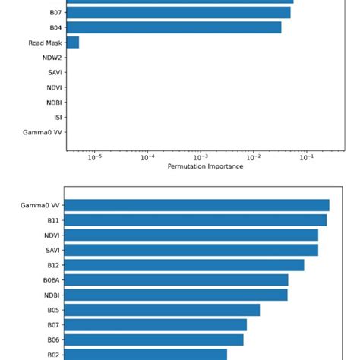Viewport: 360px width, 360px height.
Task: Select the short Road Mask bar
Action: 72,43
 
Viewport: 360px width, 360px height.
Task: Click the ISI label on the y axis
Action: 57,118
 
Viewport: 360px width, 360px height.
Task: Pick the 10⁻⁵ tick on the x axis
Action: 95,157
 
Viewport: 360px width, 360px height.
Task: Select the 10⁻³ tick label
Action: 201,157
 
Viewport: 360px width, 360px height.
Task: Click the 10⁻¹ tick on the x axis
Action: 306,157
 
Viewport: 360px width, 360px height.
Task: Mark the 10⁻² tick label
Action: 254,157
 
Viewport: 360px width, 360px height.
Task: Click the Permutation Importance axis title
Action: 205,166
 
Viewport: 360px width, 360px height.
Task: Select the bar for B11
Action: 196,220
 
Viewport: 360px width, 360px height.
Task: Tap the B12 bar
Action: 185,265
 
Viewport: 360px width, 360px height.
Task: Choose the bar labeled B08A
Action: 176,280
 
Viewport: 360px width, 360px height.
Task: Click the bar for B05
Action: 163,310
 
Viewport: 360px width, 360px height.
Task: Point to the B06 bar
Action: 154,340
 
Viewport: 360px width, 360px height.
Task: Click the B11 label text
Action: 53,220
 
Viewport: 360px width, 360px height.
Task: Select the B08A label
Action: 51,280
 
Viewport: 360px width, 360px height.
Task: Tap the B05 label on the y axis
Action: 53,310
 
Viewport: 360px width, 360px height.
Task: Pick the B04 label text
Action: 55,27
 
